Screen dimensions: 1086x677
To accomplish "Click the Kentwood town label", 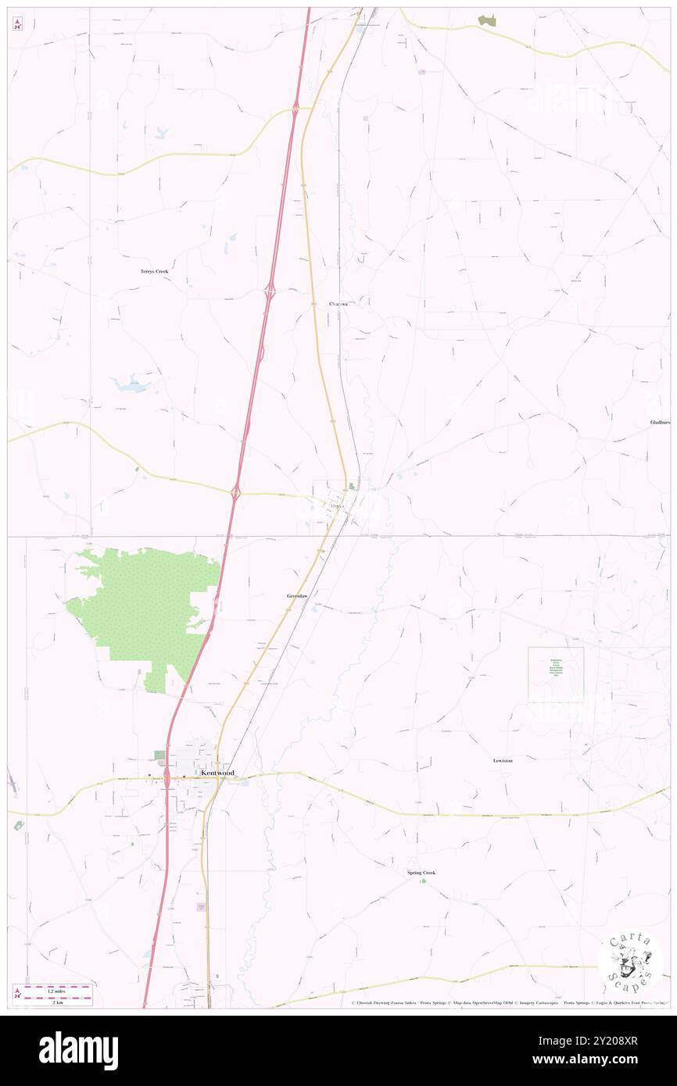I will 217,773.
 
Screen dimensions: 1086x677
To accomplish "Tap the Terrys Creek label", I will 154,271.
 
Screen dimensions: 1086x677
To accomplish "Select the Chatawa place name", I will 338,303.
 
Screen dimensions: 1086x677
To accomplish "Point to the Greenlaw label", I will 297,596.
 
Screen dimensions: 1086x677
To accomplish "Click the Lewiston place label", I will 503,760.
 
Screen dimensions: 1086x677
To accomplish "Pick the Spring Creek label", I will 421,873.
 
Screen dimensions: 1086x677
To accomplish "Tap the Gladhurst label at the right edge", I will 660,422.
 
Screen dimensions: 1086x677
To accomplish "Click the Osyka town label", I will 338,505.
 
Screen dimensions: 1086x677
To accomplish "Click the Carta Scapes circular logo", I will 630,963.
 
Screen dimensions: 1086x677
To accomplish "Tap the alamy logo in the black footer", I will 78,1051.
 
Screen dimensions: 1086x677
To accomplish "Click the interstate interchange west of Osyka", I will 235,492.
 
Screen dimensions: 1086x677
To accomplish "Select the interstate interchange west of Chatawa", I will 270,291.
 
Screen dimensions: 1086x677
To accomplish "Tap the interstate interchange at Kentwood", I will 167,777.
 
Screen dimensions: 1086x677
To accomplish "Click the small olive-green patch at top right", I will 487,20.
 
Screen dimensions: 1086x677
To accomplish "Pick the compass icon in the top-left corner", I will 17,24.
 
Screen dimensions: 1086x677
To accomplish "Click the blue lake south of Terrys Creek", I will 129,384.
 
